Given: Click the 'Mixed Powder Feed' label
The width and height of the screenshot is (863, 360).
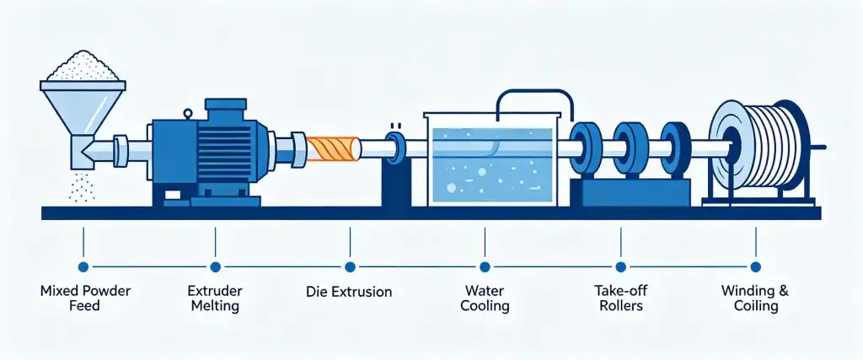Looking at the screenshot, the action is [85, 298].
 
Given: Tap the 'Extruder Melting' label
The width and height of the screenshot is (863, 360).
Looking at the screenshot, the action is [215, 298].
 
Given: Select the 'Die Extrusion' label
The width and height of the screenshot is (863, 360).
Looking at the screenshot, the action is [349, 292].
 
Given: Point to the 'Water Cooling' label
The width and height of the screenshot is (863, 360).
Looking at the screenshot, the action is [485, 298].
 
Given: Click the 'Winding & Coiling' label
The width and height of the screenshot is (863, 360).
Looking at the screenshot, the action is [756, 298].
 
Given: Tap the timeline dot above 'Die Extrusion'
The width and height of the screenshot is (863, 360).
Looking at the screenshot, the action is [350, 267].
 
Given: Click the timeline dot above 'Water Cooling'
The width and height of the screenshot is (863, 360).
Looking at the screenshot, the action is [485, 267].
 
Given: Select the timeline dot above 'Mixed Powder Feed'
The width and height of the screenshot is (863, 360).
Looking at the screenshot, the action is [83, 267].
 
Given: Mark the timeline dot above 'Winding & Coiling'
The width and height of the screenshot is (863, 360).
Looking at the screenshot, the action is [756, 267].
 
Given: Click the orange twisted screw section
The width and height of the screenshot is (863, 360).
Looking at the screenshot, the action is [329, 148].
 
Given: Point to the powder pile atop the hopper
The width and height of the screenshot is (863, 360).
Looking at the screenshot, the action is [83, 66].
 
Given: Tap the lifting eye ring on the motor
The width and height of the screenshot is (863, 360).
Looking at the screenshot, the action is [188, 115].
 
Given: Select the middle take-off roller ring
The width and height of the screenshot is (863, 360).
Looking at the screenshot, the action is [629, 148].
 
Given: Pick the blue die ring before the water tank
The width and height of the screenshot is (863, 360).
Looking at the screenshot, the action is [394, 148].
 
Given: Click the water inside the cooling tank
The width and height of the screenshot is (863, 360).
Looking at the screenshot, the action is [491, 165].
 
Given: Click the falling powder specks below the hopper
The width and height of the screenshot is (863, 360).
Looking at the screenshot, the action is [82, 186].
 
